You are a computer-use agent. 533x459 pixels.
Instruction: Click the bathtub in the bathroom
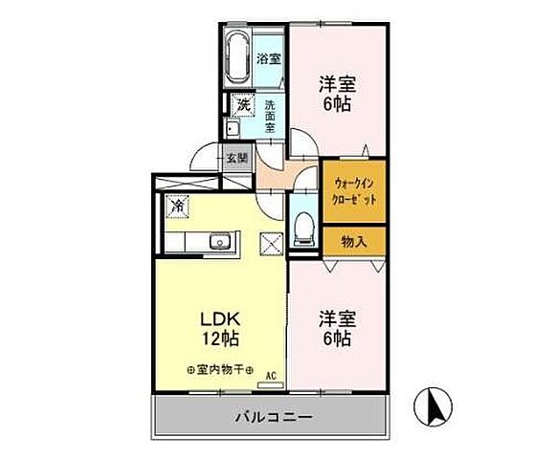coord(238,57)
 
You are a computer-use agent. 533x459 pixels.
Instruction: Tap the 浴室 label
coord(269,59)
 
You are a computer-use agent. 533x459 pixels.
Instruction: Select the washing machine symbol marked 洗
coord(243,104)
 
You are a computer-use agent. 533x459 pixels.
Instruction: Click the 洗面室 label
coord(270,117)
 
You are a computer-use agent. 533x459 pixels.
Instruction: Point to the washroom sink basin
coord(233,129)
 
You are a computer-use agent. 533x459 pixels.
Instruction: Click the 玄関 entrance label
coord(238,158)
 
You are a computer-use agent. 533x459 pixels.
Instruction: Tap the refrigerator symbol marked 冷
coord(177,207)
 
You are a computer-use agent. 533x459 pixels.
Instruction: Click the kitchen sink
coord(220,242)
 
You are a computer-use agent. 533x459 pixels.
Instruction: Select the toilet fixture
coord(304,229)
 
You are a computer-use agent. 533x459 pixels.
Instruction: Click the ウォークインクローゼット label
coord(354,191)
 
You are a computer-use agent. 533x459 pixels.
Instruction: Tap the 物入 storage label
coord(354,242)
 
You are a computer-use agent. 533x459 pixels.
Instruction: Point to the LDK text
coord(220,319)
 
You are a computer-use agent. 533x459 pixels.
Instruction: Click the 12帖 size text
coord(221,339)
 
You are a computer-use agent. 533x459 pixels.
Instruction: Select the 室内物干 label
coord(220,369)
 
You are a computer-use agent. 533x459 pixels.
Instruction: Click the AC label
coord(271,376)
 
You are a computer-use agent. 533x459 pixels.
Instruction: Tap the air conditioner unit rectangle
coord(271,385)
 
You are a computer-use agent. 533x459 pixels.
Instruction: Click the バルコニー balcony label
coord(274,417)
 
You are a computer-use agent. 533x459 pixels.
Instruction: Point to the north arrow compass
coord(433,407)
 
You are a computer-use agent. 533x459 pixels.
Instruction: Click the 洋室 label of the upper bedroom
coord(337,84)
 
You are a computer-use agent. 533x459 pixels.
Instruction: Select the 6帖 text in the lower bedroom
coord(337,339)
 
